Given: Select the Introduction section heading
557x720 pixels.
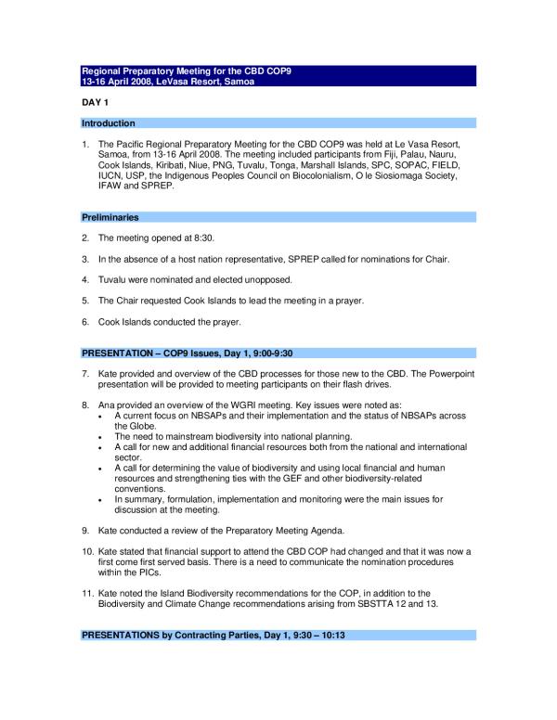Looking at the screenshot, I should (109, 123).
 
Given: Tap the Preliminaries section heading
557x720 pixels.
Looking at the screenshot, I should (110, 217).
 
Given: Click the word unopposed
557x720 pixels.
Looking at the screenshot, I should (264, 279).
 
